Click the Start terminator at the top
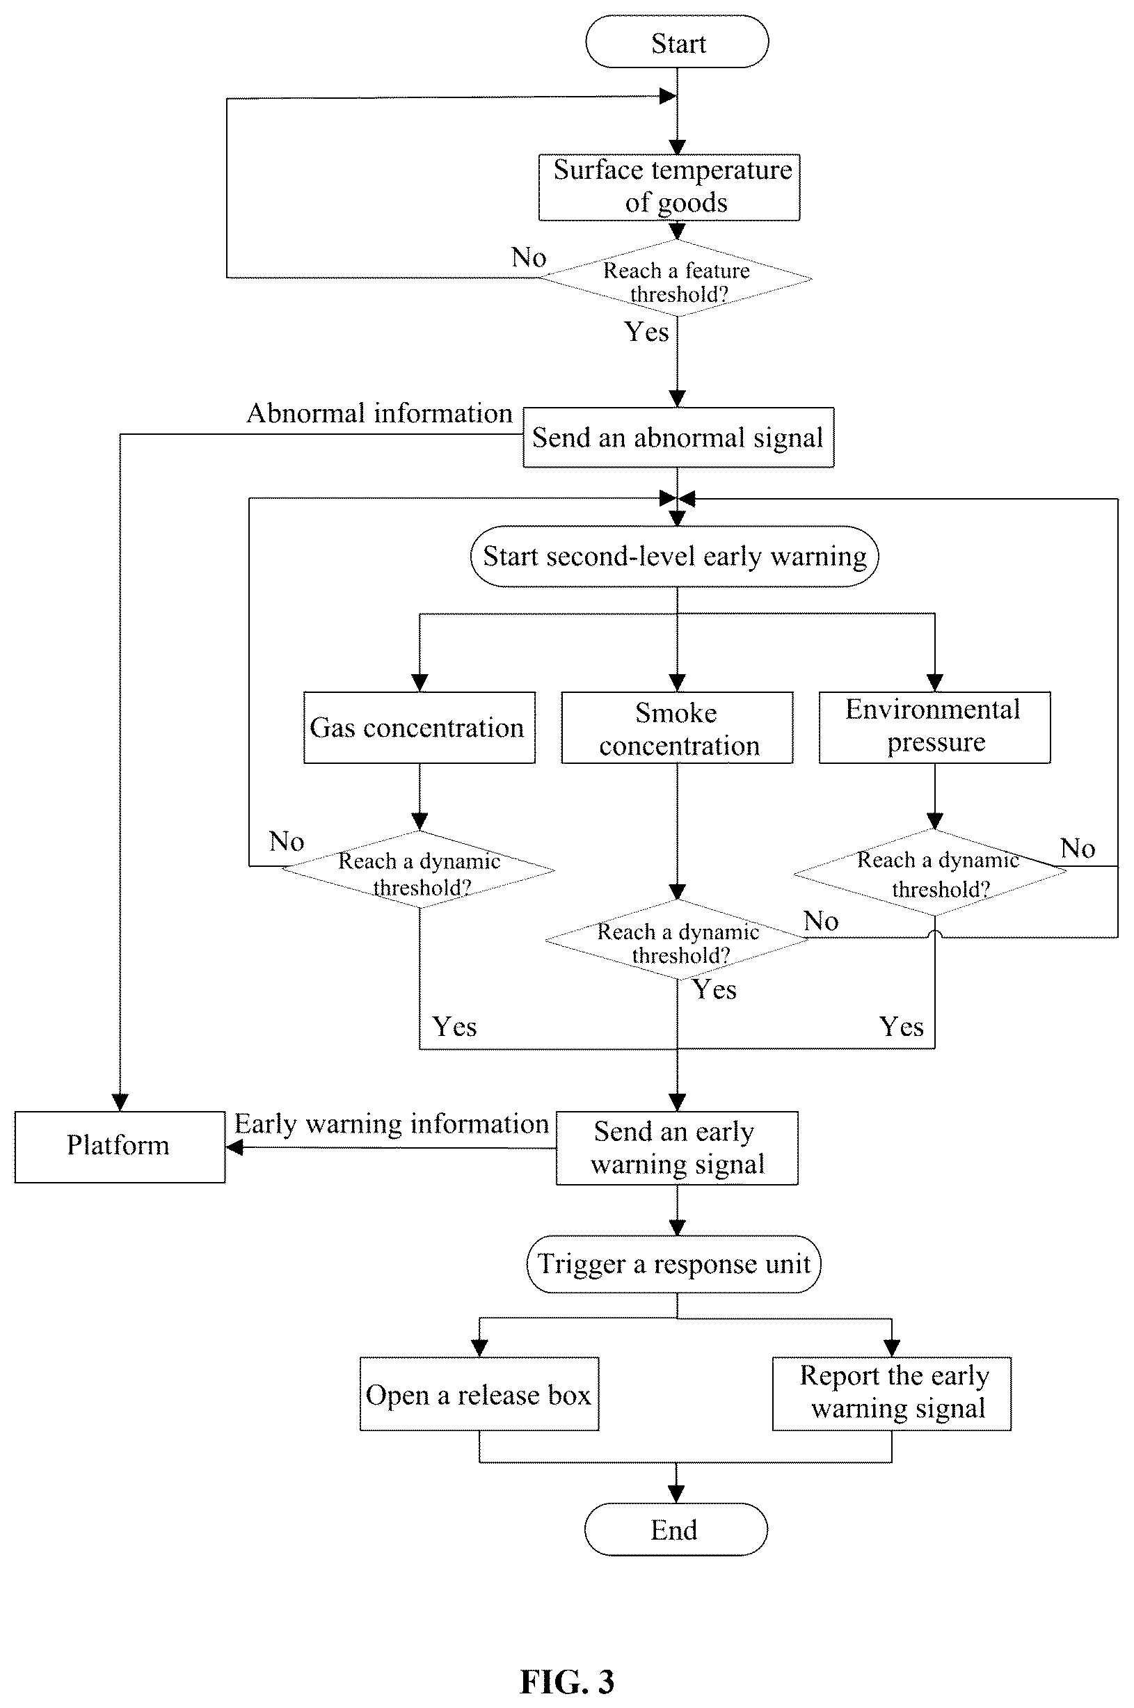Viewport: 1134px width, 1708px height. (677, 42)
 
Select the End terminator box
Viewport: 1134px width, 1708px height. (676, 1529)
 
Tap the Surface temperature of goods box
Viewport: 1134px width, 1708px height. (670, 187)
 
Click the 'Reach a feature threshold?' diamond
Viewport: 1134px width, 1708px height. (676, 278)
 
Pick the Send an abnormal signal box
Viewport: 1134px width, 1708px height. (678, 438)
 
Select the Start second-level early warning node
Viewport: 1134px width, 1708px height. (674, 556)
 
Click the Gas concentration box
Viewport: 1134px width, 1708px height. (420, 728)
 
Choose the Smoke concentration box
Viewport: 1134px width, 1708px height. (677, 728)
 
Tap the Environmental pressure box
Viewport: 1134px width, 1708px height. (934, 728)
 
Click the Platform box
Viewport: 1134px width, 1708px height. (120, 1147)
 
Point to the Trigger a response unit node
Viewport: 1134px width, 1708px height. (674, 1264)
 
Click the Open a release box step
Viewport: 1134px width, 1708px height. (479, 1394)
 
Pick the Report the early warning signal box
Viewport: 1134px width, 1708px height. (892, 1394)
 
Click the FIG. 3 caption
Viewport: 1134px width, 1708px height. (567, 1682)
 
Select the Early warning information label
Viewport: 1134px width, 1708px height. (391, 1124)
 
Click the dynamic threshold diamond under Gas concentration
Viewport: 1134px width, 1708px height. (419, 870)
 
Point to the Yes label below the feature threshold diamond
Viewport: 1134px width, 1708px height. (646, 332)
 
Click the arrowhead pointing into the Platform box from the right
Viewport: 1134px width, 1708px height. (234, 1147)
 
